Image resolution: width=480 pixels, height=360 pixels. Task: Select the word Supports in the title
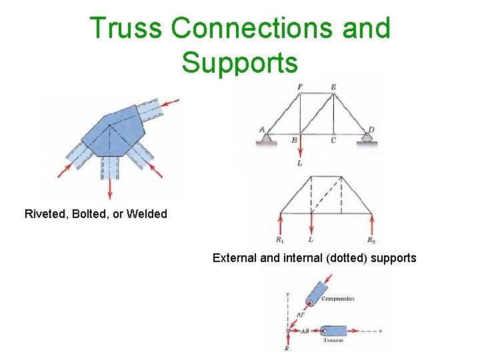click(239, 63)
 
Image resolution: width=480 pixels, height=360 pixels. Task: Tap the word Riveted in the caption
click(44, 214)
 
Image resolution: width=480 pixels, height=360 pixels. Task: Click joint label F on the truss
click(300, 87)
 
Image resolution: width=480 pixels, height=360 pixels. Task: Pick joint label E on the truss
click(333, 87)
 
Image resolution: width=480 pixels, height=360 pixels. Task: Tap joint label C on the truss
click(333, 141)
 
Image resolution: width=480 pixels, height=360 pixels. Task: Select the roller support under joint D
click(367, 139)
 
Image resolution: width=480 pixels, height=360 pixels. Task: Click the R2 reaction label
click(371, 239)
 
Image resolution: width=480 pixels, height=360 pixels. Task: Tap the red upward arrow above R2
click(371, 223)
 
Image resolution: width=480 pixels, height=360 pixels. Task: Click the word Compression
click(337, 299)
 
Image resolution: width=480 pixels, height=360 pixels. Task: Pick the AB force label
click(305, 331)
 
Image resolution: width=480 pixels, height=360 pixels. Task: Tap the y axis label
click(287, 293)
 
